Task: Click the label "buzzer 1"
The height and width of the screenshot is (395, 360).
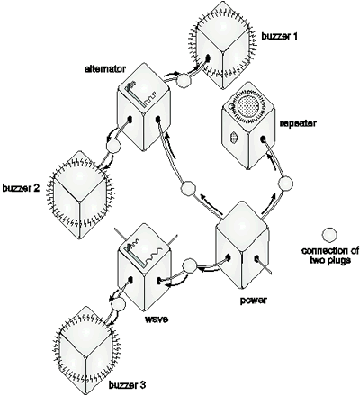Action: point(279,37)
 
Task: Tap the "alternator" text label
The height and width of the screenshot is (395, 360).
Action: point(104,69)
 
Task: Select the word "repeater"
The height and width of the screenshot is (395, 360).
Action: point(297,123)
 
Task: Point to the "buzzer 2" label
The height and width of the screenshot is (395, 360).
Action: point(21,188)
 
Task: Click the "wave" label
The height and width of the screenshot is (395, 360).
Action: point(157,319)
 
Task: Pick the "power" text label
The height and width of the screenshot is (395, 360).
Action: point(254,301)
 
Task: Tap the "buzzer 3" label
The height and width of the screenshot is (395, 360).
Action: point(127,385)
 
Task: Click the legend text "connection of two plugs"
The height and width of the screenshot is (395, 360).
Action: point(329,255)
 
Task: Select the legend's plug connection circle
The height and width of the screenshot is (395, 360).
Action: point(329,235)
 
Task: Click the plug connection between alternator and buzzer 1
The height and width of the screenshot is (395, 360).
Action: point(183,80)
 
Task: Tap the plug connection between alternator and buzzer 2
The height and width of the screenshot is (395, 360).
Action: point(112,147)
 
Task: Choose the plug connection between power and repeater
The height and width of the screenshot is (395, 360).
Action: point(285,184)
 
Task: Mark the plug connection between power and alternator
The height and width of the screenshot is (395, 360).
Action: point(189,189)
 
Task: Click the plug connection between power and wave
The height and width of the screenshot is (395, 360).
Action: point(190,265)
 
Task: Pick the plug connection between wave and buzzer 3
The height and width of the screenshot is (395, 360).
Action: point(118,303)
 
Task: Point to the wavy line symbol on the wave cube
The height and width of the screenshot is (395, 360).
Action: point(154,255)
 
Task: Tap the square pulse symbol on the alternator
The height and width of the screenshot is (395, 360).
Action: point(151,97)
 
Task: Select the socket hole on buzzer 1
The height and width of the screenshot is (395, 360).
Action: point(208,57)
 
